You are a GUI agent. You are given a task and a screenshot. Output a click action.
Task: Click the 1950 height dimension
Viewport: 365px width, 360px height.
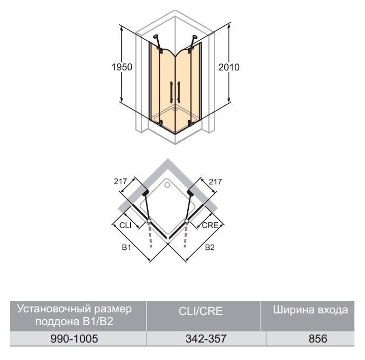(x=122, y=67)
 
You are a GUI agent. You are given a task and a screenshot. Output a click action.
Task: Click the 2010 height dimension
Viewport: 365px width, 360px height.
(x=229, y=67)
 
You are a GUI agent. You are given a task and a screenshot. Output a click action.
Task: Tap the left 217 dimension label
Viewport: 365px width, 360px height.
(x=121, y=181)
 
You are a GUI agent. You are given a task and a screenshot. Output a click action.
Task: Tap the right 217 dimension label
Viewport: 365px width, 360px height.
(x=215, y=182)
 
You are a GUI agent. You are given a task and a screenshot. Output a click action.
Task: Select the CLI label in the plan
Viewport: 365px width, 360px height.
(x=125, y=226)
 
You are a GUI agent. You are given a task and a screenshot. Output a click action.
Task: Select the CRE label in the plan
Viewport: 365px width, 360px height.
(x=210, y=226)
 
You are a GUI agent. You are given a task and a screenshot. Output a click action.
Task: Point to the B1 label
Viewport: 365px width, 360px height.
(x=126, y=247)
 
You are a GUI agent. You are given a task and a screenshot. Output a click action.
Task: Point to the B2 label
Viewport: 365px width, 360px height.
(x=209, y=247)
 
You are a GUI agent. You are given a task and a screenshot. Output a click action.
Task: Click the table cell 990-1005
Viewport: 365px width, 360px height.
(x=74, y=339)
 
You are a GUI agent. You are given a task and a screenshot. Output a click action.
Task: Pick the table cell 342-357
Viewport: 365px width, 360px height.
(x=206, y=339)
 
